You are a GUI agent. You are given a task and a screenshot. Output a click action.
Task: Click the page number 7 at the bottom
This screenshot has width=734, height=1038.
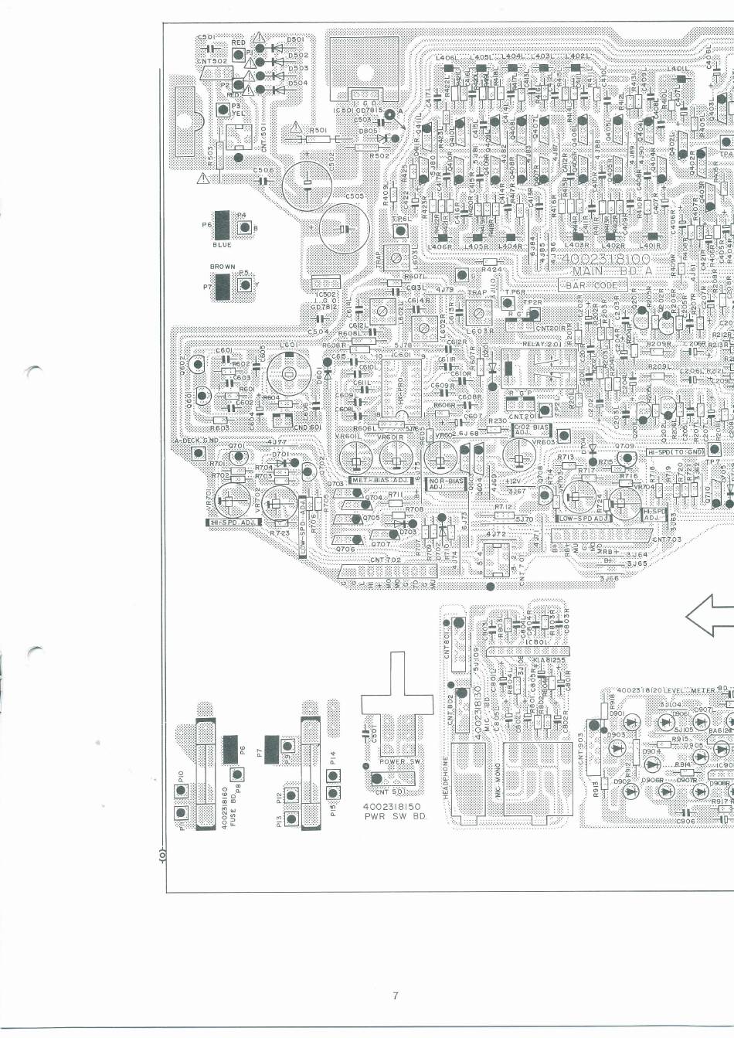click(395, 995)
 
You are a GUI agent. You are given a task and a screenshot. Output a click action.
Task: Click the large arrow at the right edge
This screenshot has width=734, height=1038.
click(710, 615)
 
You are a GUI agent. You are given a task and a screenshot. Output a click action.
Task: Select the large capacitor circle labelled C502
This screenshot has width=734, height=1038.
click(307, 184)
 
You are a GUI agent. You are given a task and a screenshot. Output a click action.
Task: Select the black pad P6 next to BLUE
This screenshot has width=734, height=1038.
click(223, 225)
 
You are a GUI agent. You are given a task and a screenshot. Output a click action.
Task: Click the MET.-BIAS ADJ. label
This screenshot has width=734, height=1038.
click(379, 481)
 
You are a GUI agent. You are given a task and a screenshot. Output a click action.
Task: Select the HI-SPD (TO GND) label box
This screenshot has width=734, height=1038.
click(675, 451)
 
